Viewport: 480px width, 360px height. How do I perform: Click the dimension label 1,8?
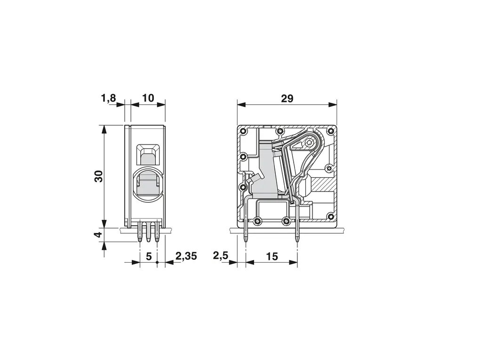(x=109, y=98)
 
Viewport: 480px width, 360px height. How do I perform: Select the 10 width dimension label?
(x=148, y=98)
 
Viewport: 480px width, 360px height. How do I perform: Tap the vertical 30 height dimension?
(x=98, y=176)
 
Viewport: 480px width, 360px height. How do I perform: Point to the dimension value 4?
(x=98, y=235)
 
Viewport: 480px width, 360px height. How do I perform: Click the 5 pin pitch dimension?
(x=149, y=256)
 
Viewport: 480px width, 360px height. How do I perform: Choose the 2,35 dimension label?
(x=186, y=256)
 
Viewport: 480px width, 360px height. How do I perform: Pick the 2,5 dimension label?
(x=221, y=256)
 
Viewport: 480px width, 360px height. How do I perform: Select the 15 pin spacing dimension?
(x=272, y=256)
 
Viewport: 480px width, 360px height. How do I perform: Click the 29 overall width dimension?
(x=287, y=98)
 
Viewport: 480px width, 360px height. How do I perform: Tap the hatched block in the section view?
(x=323, y=184)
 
